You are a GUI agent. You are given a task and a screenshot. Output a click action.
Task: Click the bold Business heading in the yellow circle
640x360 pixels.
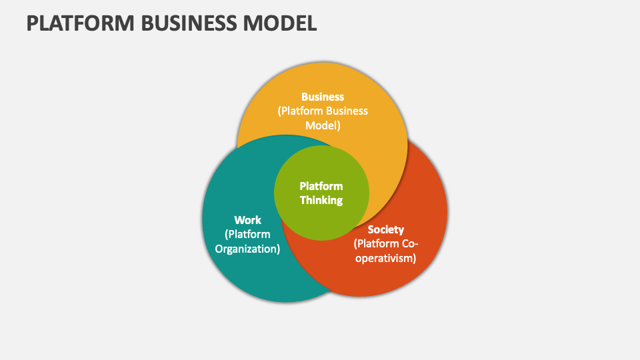click(323, 97)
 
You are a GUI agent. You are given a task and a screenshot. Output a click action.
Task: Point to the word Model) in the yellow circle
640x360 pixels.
click(323, 125)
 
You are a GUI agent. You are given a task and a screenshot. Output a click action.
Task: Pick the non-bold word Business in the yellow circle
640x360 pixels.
click(346, 111)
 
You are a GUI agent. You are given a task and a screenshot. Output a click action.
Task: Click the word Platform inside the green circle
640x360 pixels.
click(321, 186)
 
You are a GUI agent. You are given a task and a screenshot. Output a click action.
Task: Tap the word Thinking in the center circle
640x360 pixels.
click(321, 200)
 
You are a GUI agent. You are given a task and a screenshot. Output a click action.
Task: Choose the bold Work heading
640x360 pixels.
click(247, 219)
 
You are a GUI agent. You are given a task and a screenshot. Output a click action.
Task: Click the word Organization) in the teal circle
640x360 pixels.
click(247, 249)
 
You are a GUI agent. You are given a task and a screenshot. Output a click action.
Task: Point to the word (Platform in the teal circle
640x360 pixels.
click(247, 234)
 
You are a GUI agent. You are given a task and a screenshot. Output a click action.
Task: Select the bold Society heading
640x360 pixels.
click(385, 229)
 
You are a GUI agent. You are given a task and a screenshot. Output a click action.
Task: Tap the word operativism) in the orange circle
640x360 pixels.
click(385, 258)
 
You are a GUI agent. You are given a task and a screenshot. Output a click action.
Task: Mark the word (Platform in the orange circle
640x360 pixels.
click(375, 243)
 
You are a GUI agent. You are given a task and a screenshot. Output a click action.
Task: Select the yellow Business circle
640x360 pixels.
click(373, 153)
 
